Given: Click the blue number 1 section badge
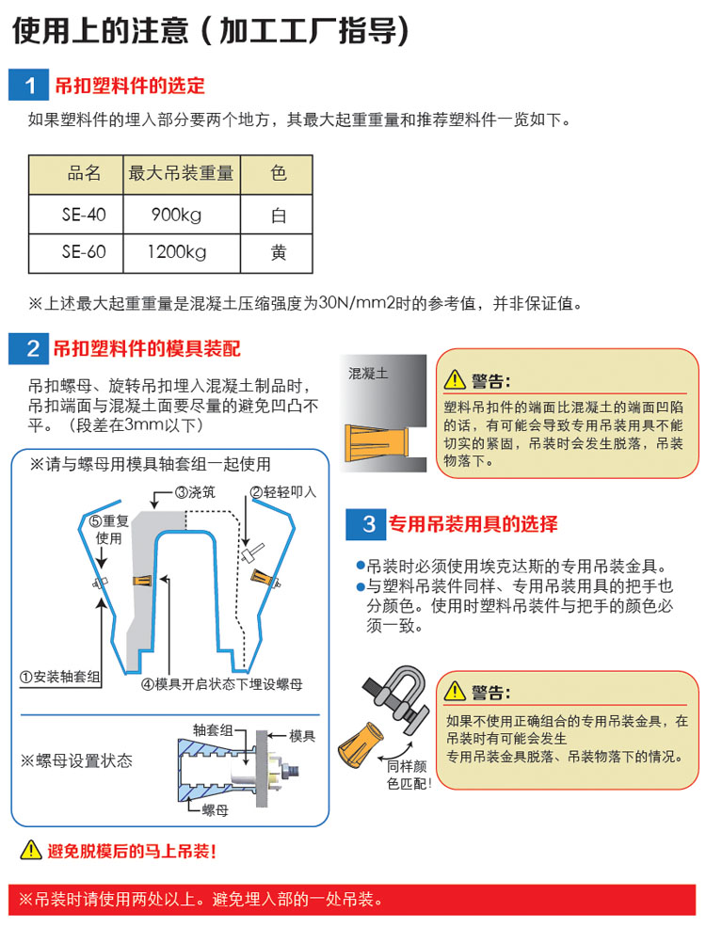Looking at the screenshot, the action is pyautogui.click(x=28, y=85).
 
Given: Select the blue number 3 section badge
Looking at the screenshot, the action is pyautogui.click(x=365, y=524).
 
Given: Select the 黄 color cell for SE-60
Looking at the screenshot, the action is pyautogui.click(x=277, y=253).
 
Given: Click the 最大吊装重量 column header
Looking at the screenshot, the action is pyautogui.click(x=182, y=174).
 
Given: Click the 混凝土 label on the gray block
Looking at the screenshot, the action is pyautogui.click(x=368, y=374).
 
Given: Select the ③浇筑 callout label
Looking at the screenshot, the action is pyautogui.click(x=195, y=492).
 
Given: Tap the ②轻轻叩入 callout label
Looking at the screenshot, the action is pyautogui.click(x=282, y=492).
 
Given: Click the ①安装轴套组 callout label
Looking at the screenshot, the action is pyautogui.click(x=59, y=677).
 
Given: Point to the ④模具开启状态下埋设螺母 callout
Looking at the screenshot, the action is pyautogui.click(x=222, y=684).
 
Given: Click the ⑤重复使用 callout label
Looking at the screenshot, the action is pyautogui.click(x=109, y=530).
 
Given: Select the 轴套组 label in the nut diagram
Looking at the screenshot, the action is pyautogui.click(x=213, y=730).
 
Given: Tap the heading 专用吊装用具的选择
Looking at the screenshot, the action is pyautogui.click(x=473, y=524).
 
